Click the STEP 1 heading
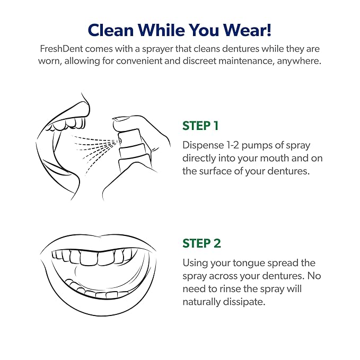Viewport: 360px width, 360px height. point(200,126)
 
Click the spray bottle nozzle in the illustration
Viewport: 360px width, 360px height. point(120,139)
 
